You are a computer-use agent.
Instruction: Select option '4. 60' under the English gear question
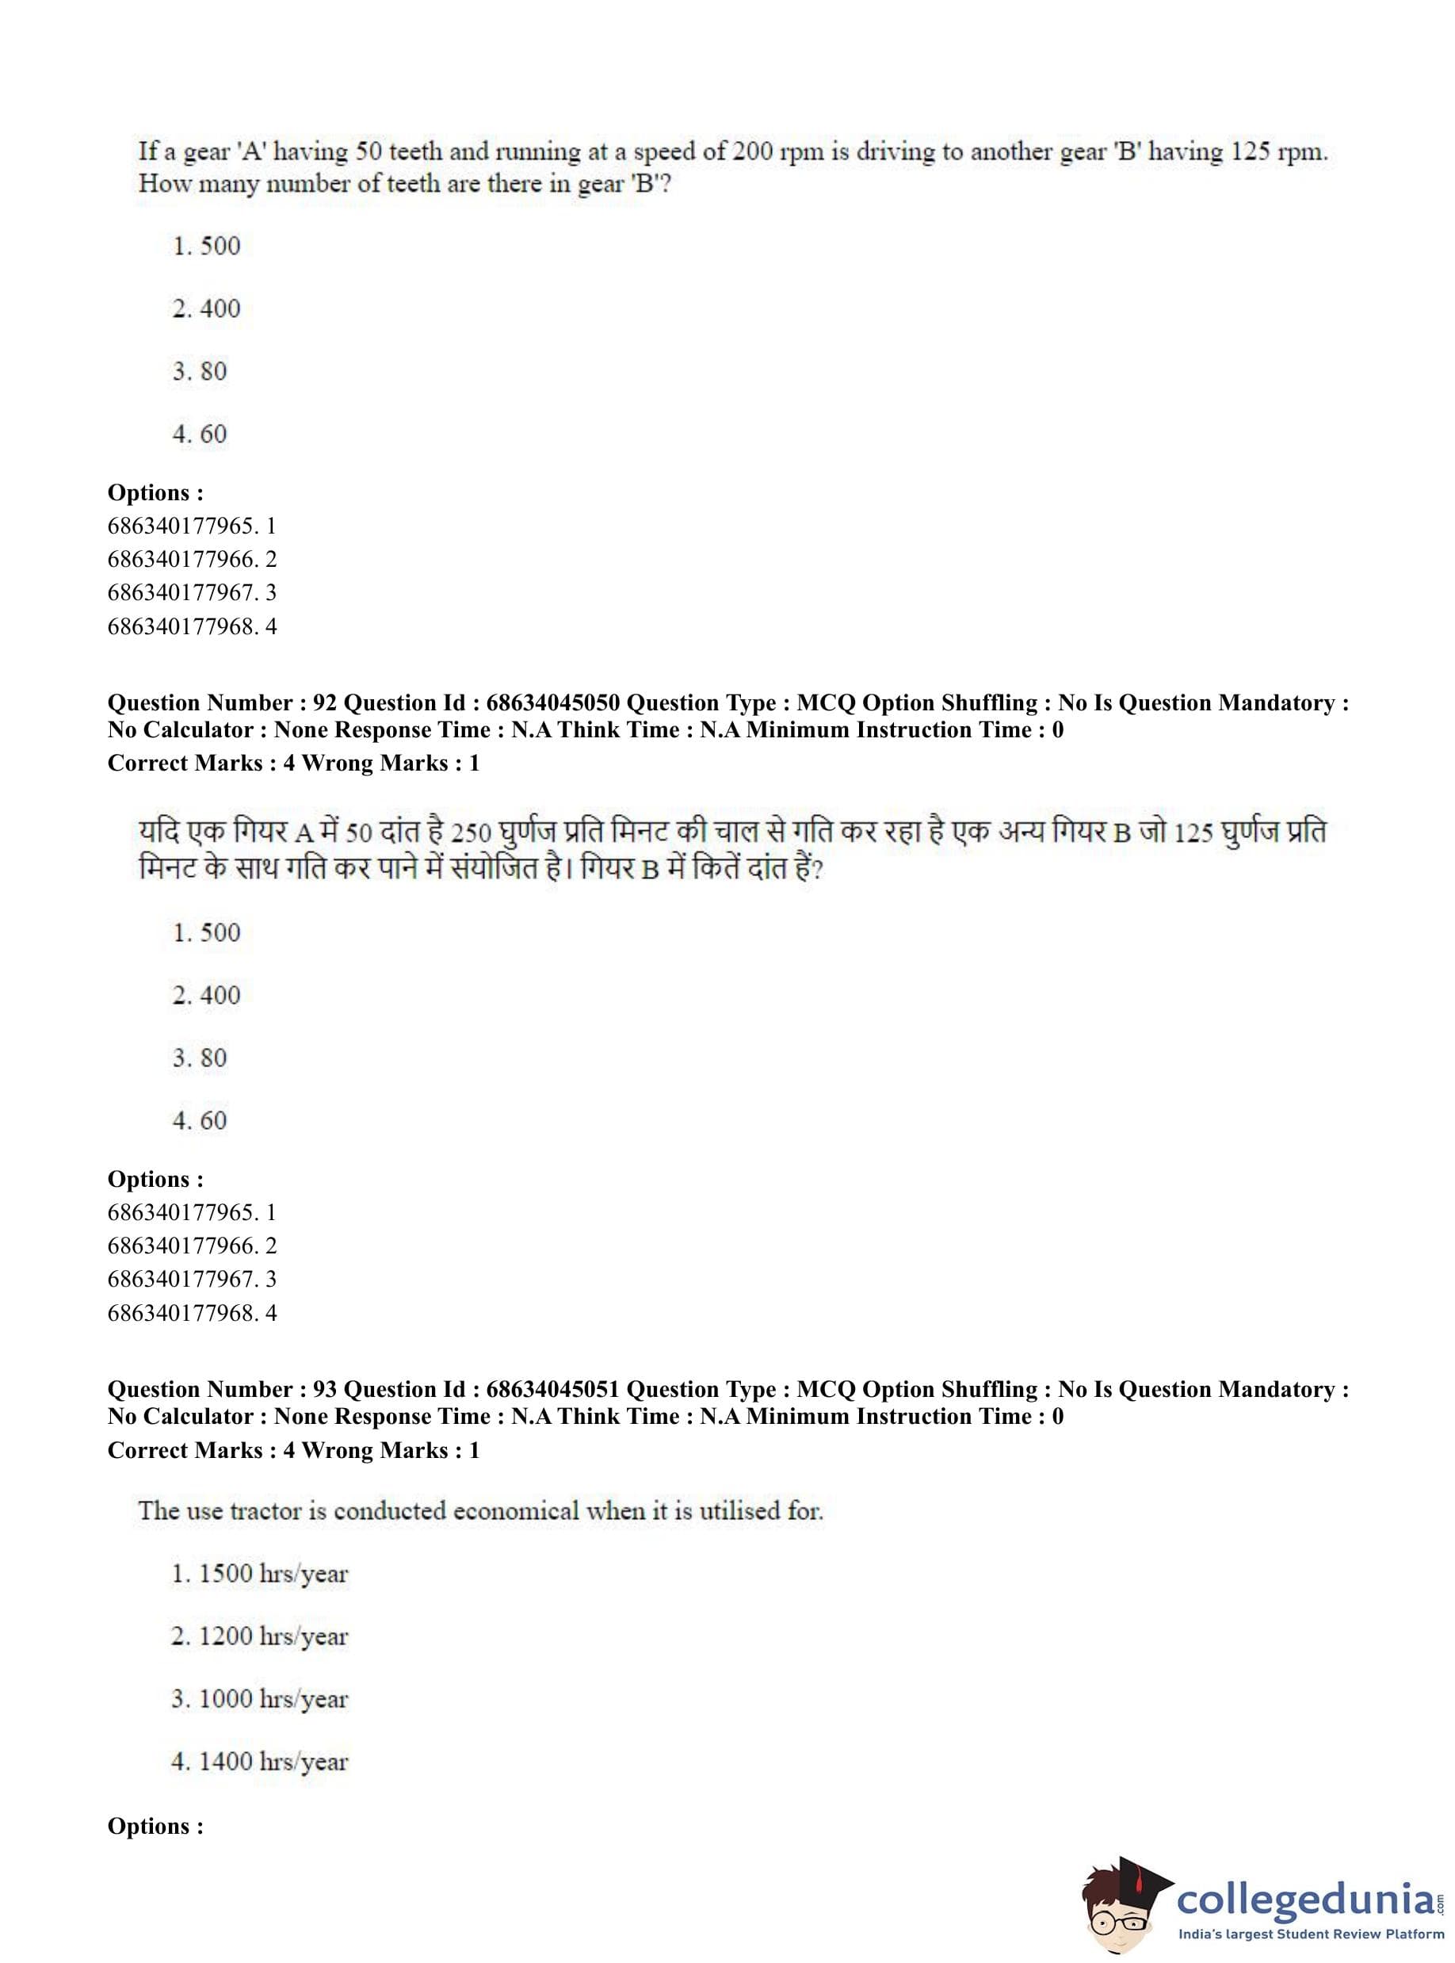point(200,434)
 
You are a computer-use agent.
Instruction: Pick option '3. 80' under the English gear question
point(200,371)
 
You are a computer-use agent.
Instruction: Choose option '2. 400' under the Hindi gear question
point(206,995)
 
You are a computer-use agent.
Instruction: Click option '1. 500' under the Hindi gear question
point(206,932)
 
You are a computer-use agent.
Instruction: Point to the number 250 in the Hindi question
point(470,833)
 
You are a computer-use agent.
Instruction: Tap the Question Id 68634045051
point(552,1390)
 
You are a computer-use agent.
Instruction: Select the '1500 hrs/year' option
point(261,1574)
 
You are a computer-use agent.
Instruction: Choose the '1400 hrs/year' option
point(261,1762)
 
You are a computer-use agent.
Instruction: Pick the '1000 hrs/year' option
point(261,1699)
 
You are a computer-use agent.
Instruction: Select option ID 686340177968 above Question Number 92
point(192,626)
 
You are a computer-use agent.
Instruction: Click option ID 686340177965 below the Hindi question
point(192,1212)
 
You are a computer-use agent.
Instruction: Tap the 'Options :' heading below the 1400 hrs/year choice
point(155,1827)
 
